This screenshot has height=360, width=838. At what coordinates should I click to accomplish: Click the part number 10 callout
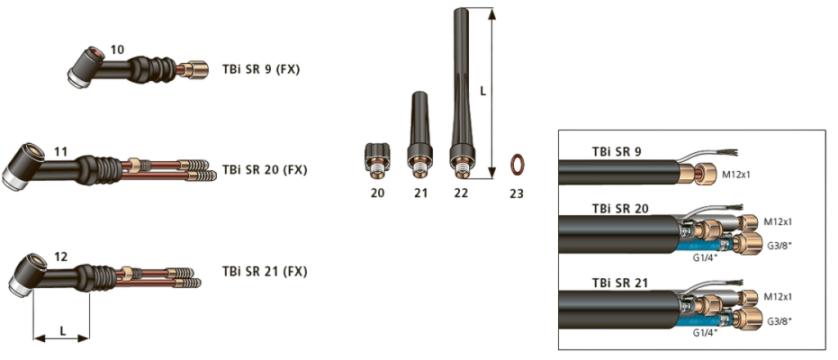pyautogui.click(x=117, y=50)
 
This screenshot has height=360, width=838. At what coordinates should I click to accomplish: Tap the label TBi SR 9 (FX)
pyautogui.click(x=261, y=70)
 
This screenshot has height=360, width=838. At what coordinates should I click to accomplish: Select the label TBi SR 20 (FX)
pyautogui.click(x=264, y=170)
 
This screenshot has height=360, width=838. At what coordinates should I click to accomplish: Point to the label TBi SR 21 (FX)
pyautogui.click(x=264, y=272)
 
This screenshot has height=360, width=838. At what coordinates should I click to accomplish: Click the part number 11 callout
pyautogui.click(x=61, y=152)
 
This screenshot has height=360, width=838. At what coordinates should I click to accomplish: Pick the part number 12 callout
pyautogui.click(x=61, y=257)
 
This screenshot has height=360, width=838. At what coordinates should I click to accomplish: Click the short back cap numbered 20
pyautogui.click(x=377, y=158)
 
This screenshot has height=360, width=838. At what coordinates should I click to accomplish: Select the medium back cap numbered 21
pyautogui.click(x=420, y=135)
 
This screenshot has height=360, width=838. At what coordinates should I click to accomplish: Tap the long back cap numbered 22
pyautogui.click(x=462, y=93)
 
